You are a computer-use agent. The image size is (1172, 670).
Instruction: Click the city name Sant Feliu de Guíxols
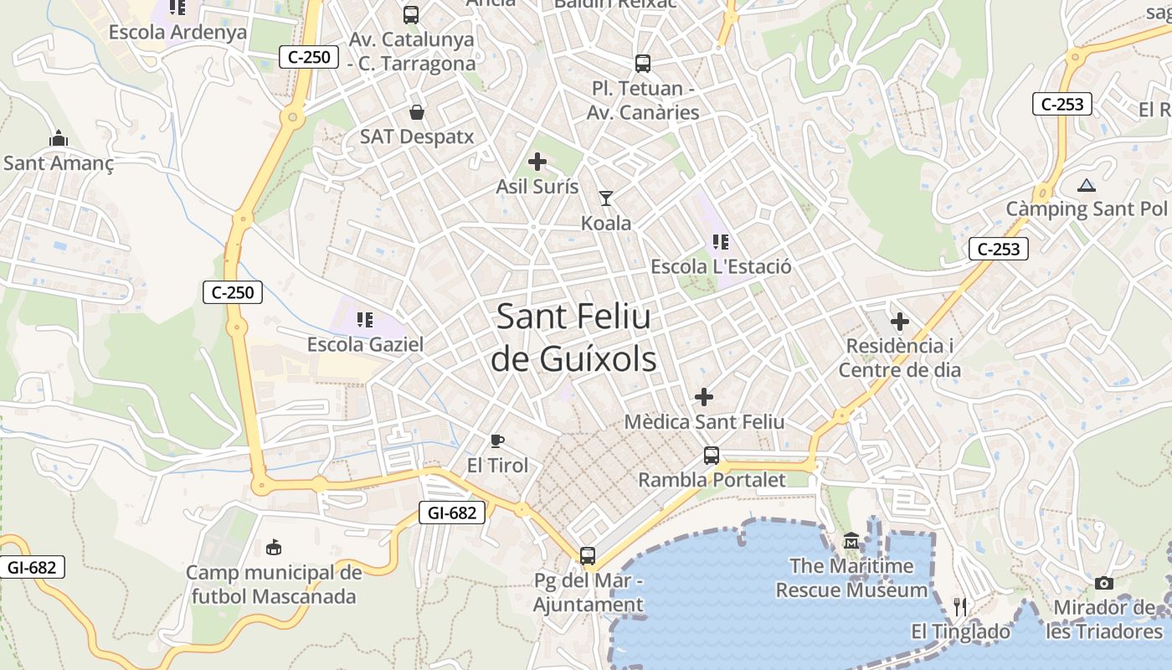573,338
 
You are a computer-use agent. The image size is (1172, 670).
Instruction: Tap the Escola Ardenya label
177,33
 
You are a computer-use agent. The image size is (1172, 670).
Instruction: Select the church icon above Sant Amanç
59,138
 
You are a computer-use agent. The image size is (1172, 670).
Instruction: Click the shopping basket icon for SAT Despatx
416,112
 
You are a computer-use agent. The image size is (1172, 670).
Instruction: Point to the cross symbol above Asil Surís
537,162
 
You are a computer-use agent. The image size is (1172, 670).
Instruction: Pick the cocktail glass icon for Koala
605,198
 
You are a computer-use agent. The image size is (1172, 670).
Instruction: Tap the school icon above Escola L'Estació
720,243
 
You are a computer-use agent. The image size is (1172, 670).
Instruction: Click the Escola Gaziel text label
365,344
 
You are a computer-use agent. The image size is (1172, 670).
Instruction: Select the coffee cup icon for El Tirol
497,441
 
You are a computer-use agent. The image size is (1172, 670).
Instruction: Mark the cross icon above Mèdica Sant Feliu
704,396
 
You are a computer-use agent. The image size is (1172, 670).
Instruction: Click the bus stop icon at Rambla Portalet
711,456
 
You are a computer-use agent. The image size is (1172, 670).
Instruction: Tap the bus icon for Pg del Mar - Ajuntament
588,555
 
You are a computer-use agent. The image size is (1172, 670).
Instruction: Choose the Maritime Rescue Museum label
851,578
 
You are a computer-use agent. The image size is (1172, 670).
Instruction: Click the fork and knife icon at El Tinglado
960,606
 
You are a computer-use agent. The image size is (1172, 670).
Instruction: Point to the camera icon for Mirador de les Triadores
1104,583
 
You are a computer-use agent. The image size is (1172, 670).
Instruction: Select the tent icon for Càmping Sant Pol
1086,185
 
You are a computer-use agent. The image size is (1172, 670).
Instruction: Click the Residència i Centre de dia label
900,358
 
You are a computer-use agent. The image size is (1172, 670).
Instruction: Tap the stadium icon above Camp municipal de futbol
273,549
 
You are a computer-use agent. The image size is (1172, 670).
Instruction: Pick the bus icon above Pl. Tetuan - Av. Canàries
642,63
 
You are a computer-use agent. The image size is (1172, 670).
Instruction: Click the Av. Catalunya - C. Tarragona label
412,51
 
